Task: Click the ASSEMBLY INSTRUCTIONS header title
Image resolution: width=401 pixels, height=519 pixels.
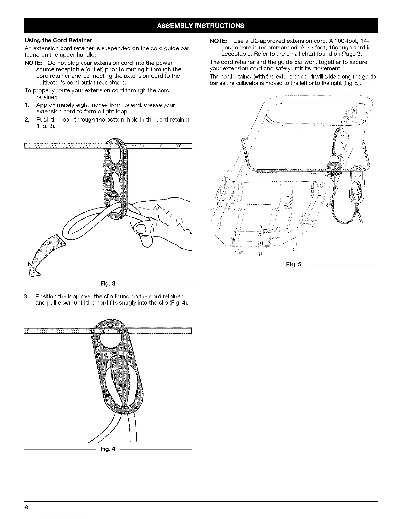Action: (x=200, y=26)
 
